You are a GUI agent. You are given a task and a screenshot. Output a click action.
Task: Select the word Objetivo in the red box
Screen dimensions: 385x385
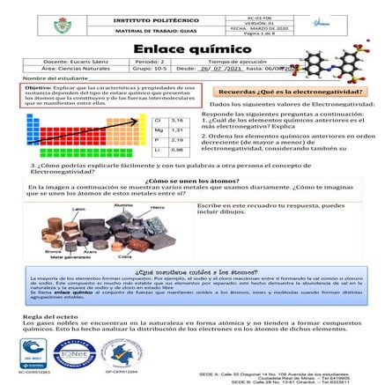[39, 89]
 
